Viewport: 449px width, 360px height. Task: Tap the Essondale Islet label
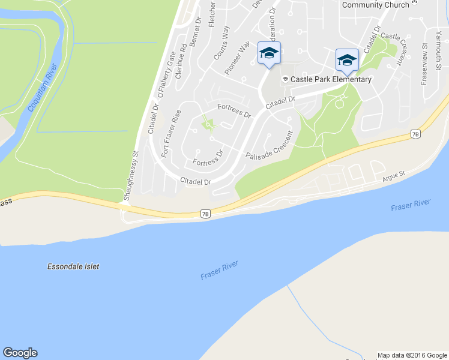tap(73, 266)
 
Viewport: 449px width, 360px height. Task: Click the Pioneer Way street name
tap(237, 58)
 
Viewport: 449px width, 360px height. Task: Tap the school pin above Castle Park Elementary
tap(347, 59)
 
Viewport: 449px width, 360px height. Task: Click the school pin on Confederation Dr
tap(269, 53)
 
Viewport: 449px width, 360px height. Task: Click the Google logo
tap(20, 352)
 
